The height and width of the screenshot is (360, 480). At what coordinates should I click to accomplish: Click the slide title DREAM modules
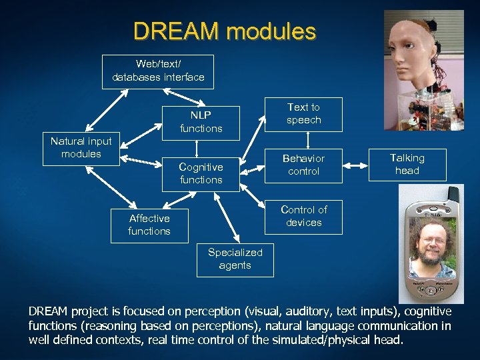click(225, 31)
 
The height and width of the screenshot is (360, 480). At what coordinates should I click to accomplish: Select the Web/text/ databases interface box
click(158, 71)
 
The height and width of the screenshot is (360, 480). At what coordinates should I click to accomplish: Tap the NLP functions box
click(201, 122)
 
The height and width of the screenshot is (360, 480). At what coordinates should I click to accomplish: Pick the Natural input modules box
click(81, 147)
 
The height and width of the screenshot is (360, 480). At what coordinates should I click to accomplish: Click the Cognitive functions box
click(201, 173)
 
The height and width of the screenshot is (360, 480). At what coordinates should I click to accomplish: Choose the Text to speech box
click(303, 114)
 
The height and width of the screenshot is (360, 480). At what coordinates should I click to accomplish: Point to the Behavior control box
click(303, 165)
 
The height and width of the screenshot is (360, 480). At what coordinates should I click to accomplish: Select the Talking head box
click(407, 164)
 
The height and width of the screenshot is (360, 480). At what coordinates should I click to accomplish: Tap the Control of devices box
click(303, 217)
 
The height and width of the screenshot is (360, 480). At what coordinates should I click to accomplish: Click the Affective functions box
click(149, 225)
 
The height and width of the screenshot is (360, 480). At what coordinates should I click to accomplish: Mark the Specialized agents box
click(235, 259)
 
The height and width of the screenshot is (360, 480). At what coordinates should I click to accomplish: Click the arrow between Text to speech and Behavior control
click(307, 140)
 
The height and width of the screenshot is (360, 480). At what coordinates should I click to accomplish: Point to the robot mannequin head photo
click(424, 67)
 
